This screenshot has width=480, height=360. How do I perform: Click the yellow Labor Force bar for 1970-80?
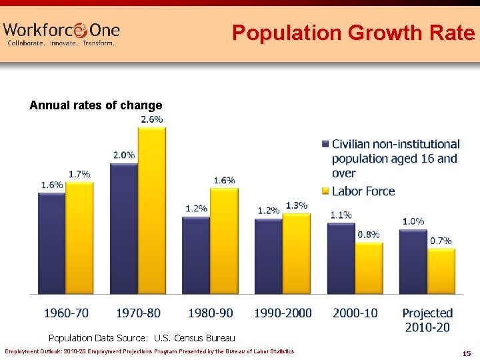click(x=151, y=210)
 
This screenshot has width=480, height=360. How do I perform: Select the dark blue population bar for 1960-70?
click(x=51, y=243)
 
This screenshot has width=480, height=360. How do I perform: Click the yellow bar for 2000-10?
click(x=369, y=267)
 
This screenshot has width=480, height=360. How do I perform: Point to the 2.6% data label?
click(x=151, y=119)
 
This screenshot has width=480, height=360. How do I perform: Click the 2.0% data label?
click(x=123, y=155)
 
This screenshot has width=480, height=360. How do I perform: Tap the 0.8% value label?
click(x=369, y=234)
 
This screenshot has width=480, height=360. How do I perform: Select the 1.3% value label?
click(x=297, y=205)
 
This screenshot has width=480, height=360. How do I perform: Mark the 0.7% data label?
click(x=441, y=241)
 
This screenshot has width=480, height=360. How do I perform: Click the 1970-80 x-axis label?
click(x=138, y=313)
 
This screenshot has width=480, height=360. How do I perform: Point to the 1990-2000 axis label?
click(x=283, y=313)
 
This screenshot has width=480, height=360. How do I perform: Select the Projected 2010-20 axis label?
click(x=427, y=319)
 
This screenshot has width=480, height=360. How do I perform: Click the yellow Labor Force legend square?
click(x=325, y=191)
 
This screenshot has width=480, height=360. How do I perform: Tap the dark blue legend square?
click(x=325, y=144)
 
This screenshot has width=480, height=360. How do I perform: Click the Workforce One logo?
click(x=61, y=33)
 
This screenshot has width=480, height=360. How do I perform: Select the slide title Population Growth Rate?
click(x=353, y=33)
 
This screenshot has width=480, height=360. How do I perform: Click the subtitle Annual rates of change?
click(x=96, y=105)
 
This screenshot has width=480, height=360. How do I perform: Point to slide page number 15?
click(x=467, y=353)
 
